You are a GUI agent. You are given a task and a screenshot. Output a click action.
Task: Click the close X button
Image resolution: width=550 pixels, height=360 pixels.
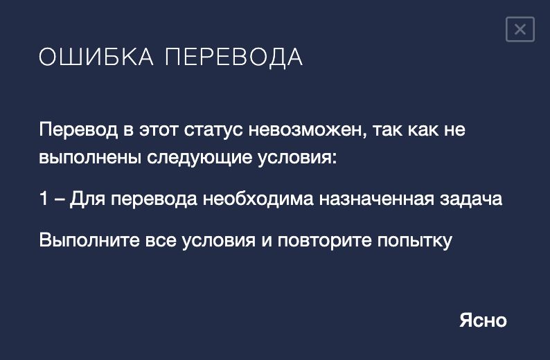520,29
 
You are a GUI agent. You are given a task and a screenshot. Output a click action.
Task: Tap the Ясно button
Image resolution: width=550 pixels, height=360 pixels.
483,320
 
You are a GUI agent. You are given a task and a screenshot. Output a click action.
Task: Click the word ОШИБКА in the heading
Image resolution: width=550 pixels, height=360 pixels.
96,57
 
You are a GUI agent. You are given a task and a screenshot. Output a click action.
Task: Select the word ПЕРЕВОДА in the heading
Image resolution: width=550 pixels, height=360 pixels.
233,57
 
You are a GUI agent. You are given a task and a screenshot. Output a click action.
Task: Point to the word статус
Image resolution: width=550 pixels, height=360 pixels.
213,129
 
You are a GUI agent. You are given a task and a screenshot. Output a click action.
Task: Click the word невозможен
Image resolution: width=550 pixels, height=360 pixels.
308,129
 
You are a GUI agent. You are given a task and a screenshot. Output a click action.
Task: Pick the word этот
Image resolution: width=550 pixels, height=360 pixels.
159,129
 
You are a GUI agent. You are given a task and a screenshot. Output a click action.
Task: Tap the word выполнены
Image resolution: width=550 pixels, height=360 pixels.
90,157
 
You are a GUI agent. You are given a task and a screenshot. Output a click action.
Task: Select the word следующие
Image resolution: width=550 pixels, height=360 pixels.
199,158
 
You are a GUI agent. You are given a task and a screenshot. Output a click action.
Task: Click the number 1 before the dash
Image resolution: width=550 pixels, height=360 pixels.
44,199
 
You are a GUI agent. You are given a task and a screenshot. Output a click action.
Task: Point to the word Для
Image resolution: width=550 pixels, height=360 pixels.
87,199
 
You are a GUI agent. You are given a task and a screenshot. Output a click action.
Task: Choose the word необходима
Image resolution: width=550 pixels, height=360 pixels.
258,199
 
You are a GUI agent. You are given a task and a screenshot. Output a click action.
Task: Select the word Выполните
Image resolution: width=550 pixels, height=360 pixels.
89,240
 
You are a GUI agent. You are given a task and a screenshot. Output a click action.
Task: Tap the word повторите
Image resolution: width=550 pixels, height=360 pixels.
324,241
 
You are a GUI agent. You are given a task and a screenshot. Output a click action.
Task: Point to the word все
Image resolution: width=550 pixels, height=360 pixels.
161,241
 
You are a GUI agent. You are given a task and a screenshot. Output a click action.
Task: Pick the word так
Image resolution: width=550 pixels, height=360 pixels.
387,129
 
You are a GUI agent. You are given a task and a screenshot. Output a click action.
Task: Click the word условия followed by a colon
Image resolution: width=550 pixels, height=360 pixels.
297,158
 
